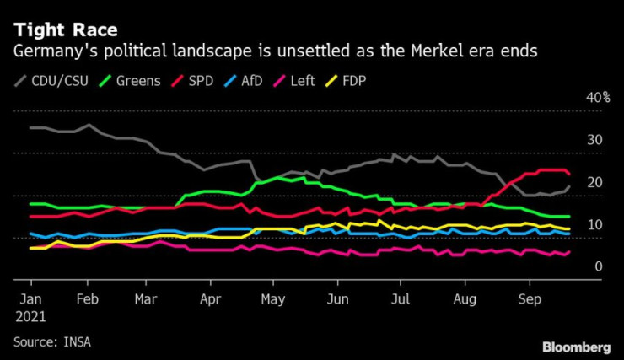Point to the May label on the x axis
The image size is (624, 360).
coord(272,298)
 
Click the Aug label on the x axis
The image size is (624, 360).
coord(464,298)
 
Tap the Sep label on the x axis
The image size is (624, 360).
coord(529,298)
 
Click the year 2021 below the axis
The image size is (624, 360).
coord(30,317)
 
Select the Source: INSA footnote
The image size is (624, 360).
coord(53,341)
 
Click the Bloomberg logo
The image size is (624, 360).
coord(576,347)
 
